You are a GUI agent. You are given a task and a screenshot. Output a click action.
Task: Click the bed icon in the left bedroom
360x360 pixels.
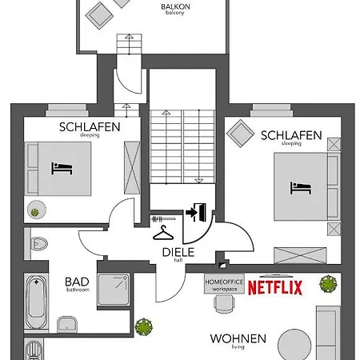click(62, 168)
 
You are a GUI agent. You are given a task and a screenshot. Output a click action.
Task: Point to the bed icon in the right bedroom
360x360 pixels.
click(300, 187)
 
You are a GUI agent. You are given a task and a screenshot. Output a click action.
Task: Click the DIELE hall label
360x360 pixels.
click(178, 252)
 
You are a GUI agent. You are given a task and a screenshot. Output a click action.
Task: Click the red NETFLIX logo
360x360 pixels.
click(274, 287)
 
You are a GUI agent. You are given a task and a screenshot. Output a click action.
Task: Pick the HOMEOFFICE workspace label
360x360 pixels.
click(224, 286)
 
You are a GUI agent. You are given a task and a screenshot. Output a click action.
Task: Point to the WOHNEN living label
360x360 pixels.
click(238, 340)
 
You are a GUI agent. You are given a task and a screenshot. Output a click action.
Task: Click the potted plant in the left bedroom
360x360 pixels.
click(35, 211)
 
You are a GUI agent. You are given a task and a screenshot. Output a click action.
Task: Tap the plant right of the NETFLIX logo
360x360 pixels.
click(327, 283)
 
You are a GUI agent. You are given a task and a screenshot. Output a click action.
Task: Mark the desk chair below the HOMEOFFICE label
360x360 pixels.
click(222, 303)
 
